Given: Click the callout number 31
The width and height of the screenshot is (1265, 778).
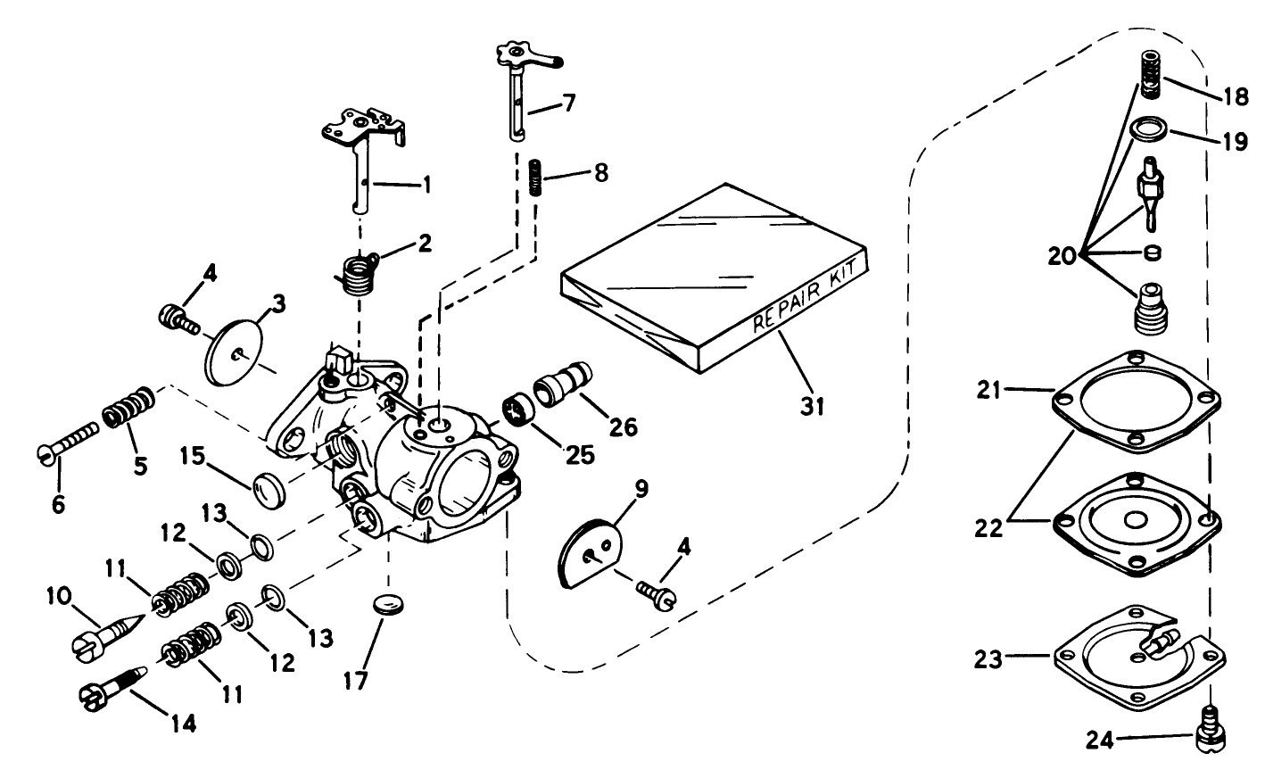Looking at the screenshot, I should coord(813,406).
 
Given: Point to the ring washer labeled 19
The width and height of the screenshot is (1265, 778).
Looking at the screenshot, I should coord(1146,131).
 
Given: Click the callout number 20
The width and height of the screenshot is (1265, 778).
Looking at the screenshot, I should coord(1063,256).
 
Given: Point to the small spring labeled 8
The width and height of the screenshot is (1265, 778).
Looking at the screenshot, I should coord(535,177).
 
